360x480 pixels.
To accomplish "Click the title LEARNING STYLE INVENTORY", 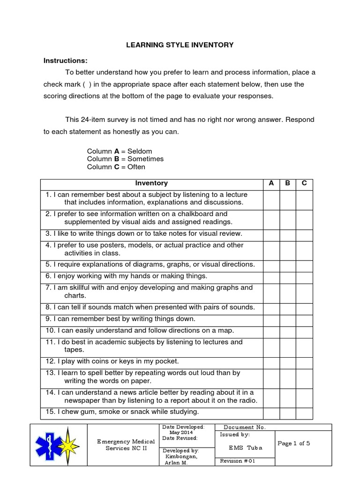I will tap(180, 45).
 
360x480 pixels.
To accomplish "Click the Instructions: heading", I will tap(66, 60).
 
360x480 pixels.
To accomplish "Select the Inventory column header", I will tap(151, 183).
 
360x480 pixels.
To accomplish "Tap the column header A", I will tap(271, 183).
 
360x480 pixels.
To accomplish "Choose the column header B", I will tap(288, 183).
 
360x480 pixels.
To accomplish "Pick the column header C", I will tap(304, 183).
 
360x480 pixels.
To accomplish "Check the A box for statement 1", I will tap(271, 199).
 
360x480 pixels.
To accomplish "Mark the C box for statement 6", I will tap(304, 276).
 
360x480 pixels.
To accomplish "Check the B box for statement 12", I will tap(288, 361).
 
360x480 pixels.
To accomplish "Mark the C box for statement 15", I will tap(304, 412).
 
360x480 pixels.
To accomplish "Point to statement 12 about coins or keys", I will tap(112, 361).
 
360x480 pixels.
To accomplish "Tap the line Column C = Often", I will tap(116, 167).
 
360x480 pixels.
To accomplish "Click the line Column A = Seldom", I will tap(120, 151).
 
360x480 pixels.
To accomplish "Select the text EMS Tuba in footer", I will tap(246, 448).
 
